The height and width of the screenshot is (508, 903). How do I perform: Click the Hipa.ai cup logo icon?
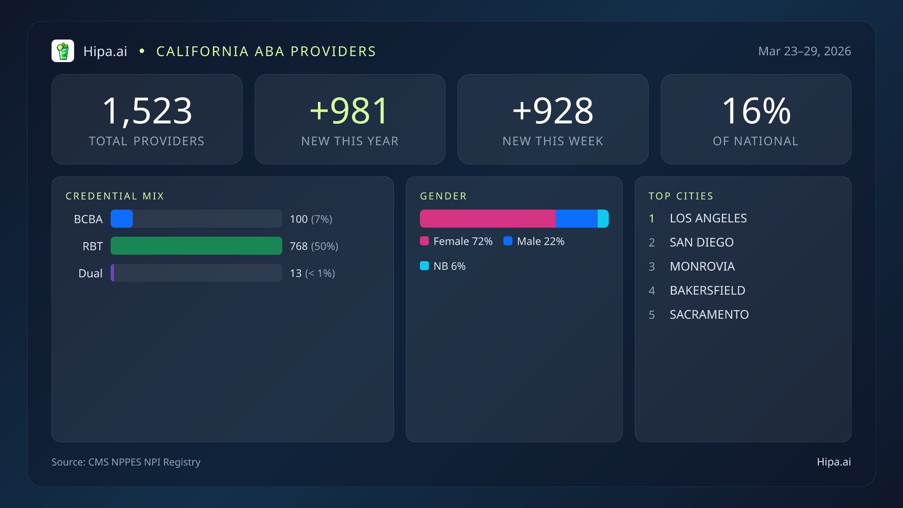click(63, 51)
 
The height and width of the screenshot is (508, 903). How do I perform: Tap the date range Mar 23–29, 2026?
click(804, 51)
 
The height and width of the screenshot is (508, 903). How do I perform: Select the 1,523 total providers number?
click(147, 111)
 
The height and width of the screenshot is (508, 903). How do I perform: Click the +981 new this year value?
click(350, 111)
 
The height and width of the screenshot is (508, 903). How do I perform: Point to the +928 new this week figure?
click(553, 111)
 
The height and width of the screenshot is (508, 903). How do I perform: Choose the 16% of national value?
click(756, 111)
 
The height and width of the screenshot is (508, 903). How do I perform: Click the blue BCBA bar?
click(122, 219)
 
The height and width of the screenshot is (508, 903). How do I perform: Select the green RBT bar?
click(196, 246)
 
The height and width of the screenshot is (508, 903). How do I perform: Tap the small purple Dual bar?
click(112, 273)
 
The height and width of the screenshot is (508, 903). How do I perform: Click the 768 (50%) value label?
click(314, 246)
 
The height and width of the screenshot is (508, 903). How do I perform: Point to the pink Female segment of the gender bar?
click(488, 219)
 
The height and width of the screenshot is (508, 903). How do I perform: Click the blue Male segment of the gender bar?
click(576, 219)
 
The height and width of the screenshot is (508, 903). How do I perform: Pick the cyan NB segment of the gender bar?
click(603, 219)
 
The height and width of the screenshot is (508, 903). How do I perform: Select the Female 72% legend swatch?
click(424, 241)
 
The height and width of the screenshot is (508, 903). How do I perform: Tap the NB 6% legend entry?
click(443, 266)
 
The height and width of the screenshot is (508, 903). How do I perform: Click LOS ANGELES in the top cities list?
click(708, 218)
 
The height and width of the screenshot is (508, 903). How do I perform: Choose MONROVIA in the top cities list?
click(702, 266)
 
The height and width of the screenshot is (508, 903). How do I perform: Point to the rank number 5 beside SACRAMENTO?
click(652, 315)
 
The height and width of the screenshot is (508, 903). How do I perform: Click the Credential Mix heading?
click(115, 196)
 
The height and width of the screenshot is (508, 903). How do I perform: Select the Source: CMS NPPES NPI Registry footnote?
click(126, 462)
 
